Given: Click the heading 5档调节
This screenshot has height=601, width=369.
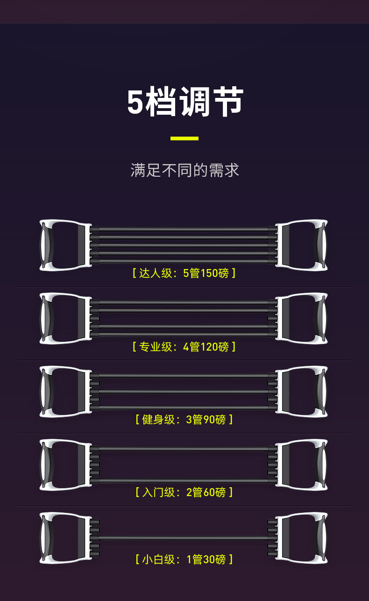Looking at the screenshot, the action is (x=185, y=102).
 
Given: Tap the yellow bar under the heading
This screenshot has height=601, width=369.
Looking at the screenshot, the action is (x=184, y=138).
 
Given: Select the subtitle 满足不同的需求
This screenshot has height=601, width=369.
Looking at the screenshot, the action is (x=184, y=170).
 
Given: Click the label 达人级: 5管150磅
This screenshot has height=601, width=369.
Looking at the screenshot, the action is (x=184, y=273).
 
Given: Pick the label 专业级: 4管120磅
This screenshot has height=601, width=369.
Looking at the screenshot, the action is (x=184, y=346).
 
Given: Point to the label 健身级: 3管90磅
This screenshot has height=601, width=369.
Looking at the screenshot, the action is (x=184, y=419).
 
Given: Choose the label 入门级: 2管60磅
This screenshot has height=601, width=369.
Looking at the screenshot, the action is (x=184, y=492).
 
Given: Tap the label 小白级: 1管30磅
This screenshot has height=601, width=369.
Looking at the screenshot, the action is (x=184, y=559).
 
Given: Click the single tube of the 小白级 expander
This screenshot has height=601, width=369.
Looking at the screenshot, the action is (x=184, y=538).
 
